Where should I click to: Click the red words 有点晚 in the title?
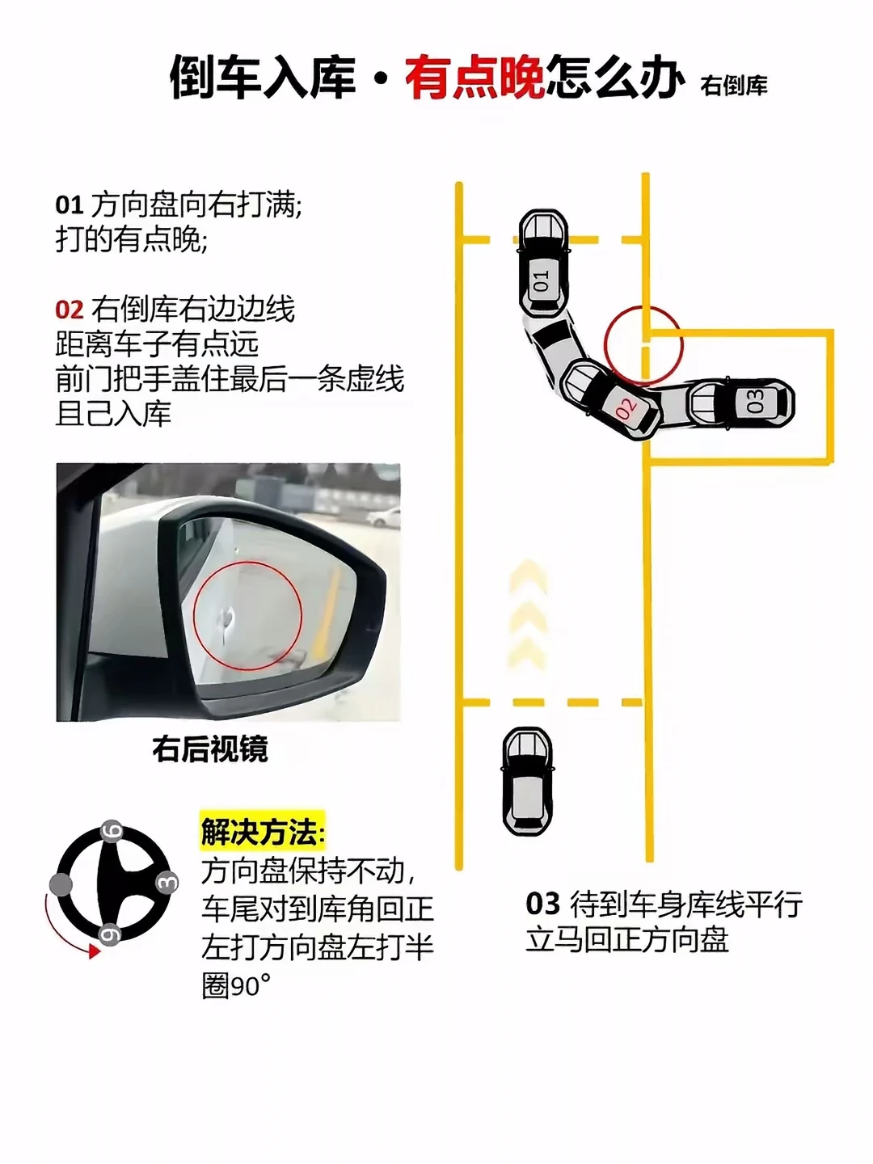click(x=475, y=78)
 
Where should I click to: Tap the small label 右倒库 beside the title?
click(x=734, y=86)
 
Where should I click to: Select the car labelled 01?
click(x=542, y=264)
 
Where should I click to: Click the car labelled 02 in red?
click(x=610, y=399)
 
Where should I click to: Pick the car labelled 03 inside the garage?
click(x=742, y=403)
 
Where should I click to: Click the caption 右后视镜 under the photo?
click(x=210, y=749)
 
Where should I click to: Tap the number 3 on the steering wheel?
click(x=167, y=883)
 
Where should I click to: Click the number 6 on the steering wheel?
click(x=112, y=831)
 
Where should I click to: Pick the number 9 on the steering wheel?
click(x=109, y=934)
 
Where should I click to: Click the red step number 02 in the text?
click(x=70, y=310)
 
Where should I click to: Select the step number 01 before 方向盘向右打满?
click(x=70, y=205)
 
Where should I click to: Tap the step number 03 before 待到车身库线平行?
click(x=542, y=904)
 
